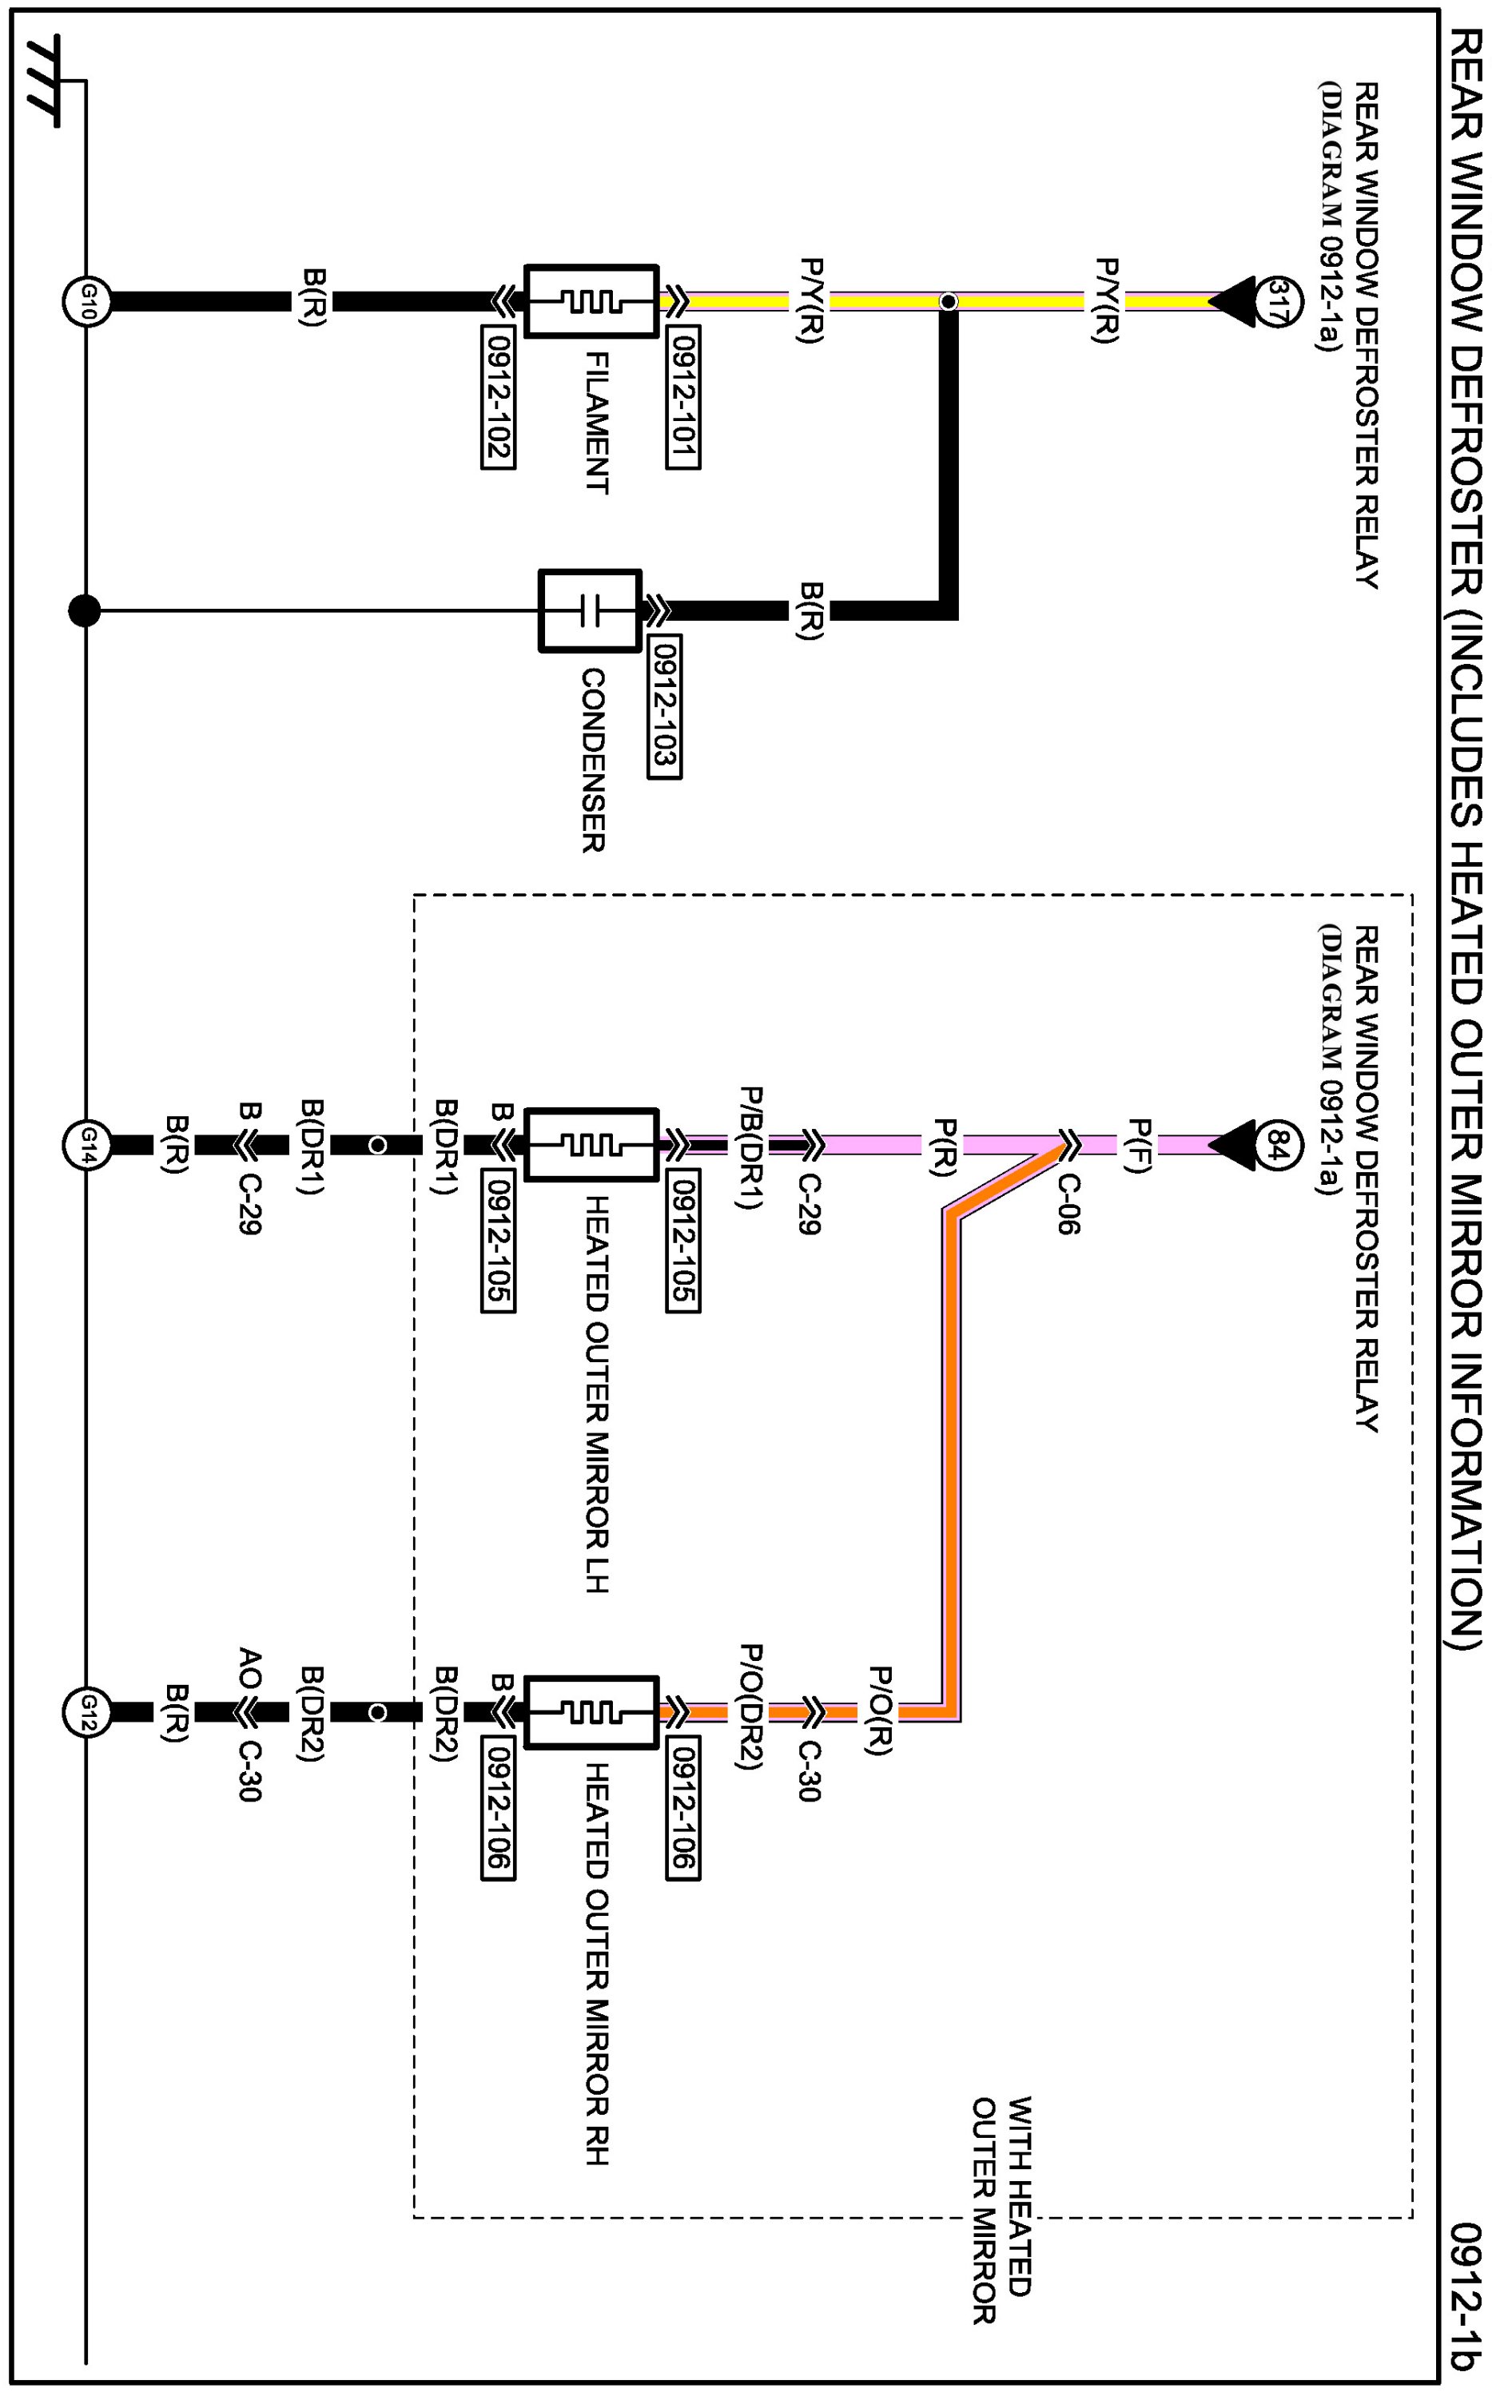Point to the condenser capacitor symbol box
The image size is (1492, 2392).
(x=590, y=610)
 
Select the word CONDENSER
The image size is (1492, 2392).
(x=592, y=760)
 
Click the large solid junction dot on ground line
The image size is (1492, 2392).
(x=85, y=610)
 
